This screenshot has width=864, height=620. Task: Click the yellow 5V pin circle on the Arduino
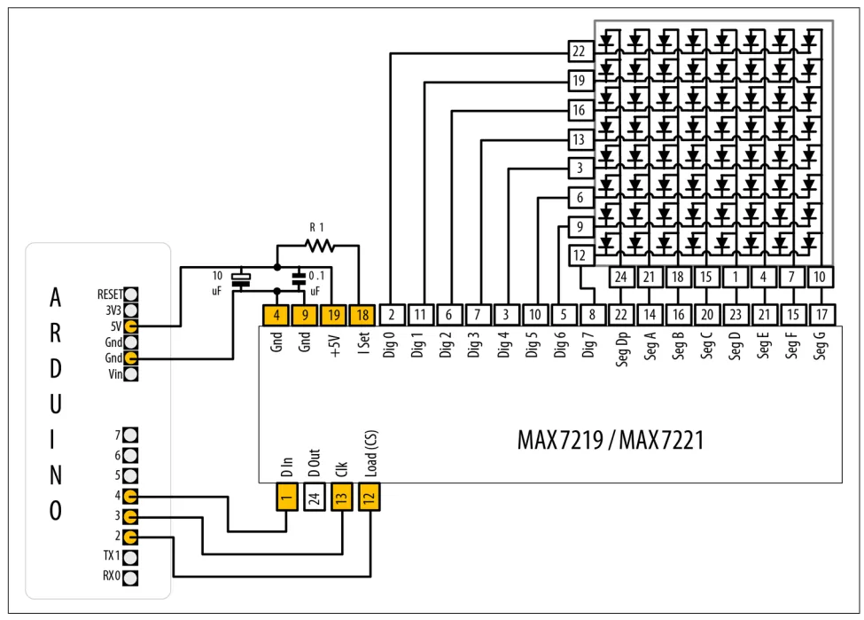(x=130, y=326)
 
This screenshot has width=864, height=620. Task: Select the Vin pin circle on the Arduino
(x=130, y=374)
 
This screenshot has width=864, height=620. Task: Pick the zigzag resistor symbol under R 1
(x=319, y=246)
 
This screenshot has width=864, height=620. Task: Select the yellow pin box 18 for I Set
(x=362, y=314)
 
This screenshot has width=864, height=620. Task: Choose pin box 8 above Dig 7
(x=591, y=314)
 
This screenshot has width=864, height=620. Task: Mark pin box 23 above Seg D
(x=735, y=314)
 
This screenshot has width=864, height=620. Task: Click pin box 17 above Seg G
(x=821, y=314)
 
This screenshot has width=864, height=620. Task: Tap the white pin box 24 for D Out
(x=313, y=498)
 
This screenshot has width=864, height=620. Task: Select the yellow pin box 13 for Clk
(x=341, y=498)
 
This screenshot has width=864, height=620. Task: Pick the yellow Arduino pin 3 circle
(x=130, y=516)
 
